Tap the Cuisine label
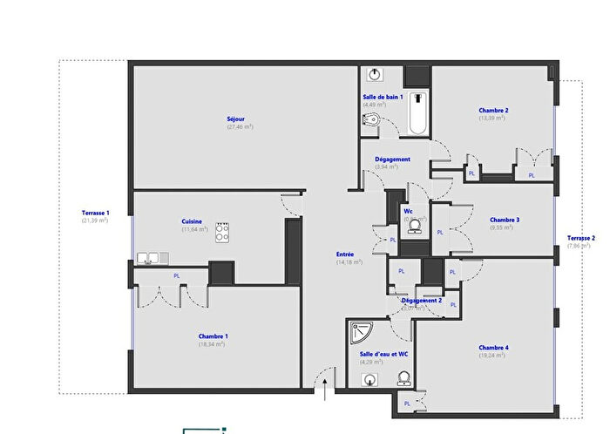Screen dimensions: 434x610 192,221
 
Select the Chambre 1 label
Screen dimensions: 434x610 213,336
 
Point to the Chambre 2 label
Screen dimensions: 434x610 493,111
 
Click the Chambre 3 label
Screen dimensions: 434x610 505,220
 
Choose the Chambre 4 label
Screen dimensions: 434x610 493,349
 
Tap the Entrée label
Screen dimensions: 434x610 345,254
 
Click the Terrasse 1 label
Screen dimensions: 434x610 95,213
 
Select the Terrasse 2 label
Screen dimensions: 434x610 581,238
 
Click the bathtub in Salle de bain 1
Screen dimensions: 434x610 418,114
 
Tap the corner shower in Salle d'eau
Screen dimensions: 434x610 359,332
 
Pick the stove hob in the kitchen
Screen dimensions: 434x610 222,232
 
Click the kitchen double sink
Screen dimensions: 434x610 152,257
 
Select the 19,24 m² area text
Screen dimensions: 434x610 493,356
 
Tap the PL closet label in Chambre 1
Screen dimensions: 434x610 177,275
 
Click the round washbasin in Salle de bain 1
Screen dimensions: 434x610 375,74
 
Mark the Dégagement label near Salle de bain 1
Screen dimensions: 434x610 392,159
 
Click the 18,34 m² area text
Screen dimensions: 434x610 213,344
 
